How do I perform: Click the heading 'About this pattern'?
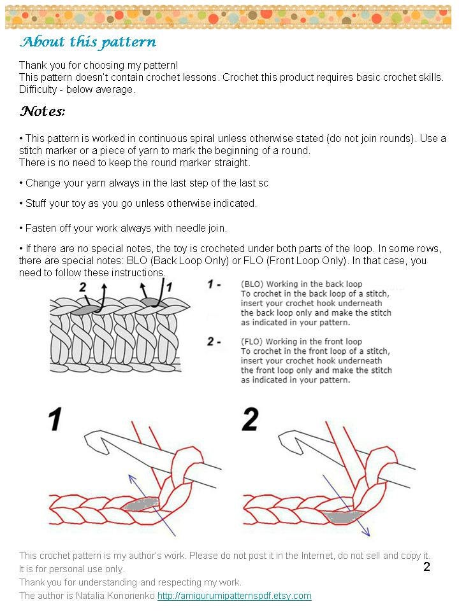click(88, 42)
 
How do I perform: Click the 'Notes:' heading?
click(43, 111)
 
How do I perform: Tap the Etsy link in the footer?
click(234, 596)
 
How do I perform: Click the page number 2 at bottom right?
click(426, 566)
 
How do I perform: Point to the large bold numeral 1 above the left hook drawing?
click(55, 419)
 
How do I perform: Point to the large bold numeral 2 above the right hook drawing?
click(250, 419)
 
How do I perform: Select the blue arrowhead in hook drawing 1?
click(132, 479)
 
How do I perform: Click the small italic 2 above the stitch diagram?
click(82, 287)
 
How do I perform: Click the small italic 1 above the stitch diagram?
click(169, 287)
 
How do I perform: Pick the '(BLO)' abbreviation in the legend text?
click(252, 284)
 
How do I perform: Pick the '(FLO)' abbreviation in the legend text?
click(252, 342)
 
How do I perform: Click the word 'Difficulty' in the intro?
click(38, 89)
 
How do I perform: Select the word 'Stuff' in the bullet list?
click(36, 204)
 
